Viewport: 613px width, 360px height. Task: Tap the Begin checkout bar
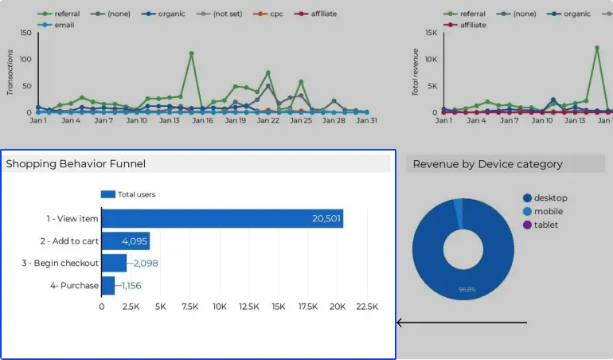coord(114,263)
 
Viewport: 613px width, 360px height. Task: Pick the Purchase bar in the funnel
coord(107,285)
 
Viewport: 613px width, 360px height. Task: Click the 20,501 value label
coord(326,219)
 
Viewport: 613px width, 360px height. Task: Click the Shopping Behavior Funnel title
coord(76,164)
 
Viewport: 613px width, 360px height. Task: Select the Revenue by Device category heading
coord(487,164)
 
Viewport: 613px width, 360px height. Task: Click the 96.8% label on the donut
coord(467,289)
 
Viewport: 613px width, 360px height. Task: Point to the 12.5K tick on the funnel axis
coord(249,307)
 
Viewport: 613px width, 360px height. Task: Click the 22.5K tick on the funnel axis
coord(367,307)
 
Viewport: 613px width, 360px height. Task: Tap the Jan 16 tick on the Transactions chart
coord(203,120)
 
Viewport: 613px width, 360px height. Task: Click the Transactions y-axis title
coord(10,72)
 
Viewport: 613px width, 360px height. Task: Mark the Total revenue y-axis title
coord(415,72)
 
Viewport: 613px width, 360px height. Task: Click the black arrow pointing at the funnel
coord(462,323)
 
